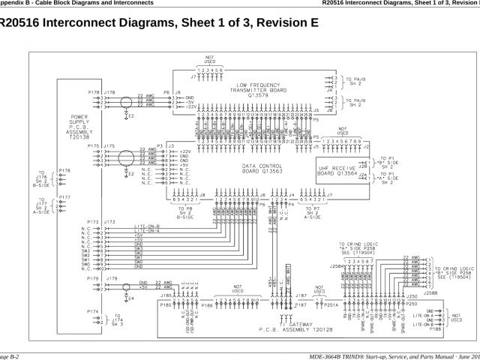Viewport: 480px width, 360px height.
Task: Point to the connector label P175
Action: pos(93,145)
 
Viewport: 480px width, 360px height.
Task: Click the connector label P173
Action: pos(93,222)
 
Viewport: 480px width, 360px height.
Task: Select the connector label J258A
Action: pos(337,265)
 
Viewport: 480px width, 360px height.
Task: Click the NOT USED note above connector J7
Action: pos(210,58)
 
